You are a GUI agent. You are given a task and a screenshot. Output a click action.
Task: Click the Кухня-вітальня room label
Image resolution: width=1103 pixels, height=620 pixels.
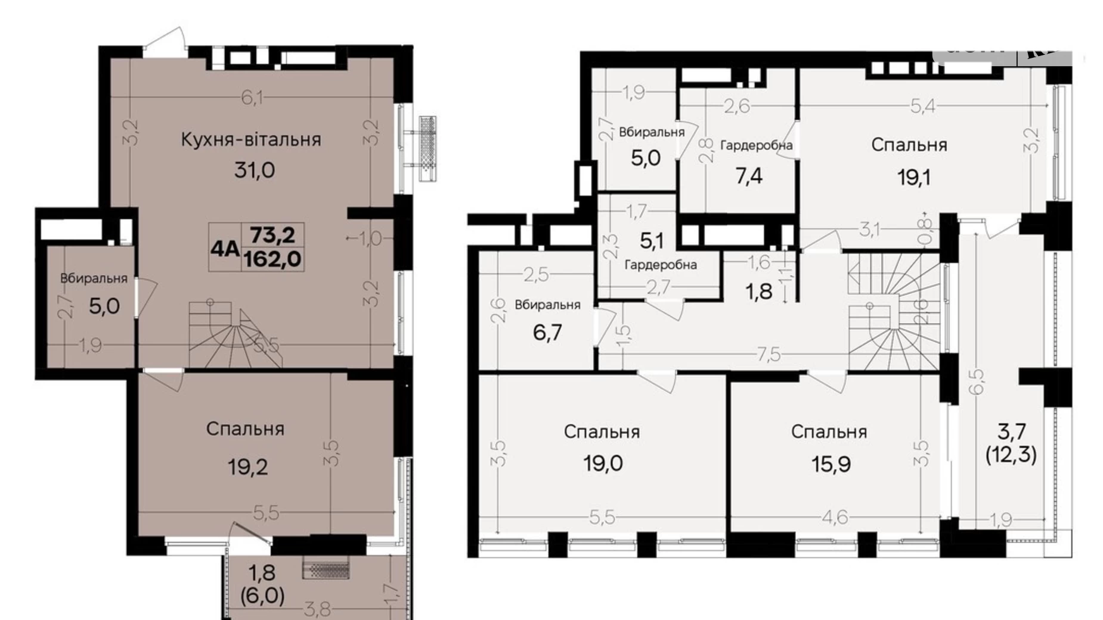[x=251, y=140]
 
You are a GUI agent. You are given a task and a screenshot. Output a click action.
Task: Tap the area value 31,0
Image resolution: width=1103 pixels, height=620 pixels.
[x=254, y=170]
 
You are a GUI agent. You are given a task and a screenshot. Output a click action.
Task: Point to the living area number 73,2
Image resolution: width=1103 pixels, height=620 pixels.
[x=272, y=235]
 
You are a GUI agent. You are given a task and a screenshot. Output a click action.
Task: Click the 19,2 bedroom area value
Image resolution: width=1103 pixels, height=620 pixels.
[x=247, y=467]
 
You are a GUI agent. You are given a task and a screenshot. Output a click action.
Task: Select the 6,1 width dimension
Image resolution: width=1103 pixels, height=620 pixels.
[x=252, y=98]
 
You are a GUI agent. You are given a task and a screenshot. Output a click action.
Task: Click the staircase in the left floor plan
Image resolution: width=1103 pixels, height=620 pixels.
[x=230, y=335]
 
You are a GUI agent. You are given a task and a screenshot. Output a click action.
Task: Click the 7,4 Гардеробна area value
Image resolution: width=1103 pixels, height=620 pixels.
[x=748, y=176]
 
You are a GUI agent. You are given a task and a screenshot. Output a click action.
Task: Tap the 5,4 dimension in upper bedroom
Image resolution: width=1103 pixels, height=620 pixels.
[x=922, y=106]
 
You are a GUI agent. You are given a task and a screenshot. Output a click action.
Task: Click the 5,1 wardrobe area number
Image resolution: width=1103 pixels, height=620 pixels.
[x=651, y=241]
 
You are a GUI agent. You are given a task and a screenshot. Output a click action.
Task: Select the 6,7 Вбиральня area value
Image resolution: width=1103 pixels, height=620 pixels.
[x=547, y=332]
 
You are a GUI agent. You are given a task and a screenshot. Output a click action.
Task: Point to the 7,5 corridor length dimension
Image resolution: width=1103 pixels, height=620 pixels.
[x=769, y=355]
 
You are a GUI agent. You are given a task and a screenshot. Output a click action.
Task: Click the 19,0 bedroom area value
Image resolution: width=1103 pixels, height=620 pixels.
[x=603, y=463]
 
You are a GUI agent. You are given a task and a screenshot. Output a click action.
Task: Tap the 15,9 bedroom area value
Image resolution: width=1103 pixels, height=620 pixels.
[x=831, y=464]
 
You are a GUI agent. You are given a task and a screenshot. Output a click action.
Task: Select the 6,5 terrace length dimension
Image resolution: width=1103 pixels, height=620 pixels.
[x=977, y=382]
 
